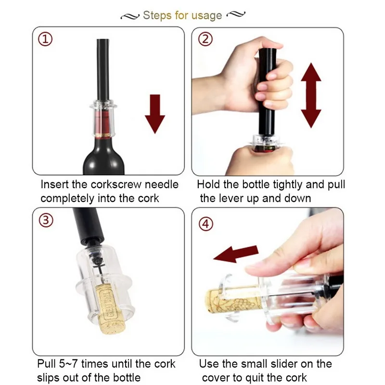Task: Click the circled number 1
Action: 45,39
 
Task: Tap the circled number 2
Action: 205,39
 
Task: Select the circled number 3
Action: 46,220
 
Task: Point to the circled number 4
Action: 206,224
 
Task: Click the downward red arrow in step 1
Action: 155,114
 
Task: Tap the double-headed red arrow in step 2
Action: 311,95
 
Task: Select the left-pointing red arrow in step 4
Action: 236,254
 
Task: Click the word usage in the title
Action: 206,16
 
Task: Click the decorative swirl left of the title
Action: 130,16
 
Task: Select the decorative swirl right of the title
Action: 236,14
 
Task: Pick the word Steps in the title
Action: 157,15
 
